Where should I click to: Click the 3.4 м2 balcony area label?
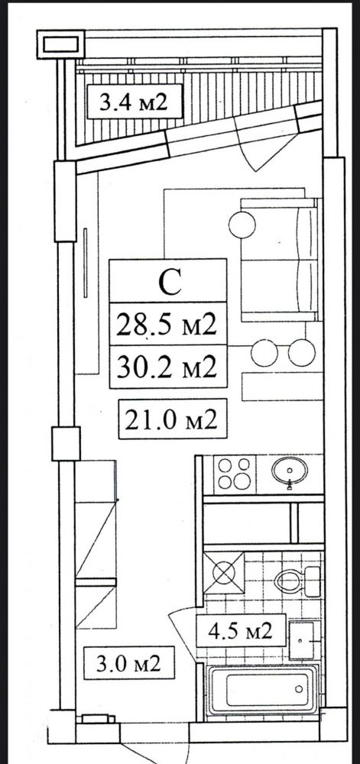[x=134, y=102]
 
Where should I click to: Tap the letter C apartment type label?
[x=170, y=282]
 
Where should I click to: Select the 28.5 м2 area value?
[x=166, y=324]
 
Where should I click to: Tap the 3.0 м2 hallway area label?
[x=128, y=663]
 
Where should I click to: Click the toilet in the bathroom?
[x=297, y=580]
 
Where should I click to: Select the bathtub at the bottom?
[x=263, y=689]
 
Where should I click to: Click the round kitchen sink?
[x=290, y=471]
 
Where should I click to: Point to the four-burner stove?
[x=234, y=474]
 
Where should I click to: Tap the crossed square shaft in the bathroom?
[x=224, y=572]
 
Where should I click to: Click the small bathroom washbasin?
[x=302, y=640]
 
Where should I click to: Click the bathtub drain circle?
[x=299, y=689]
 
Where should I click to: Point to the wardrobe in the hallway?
[x=96, y=544]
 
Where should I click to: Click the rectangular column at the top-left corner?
[x=61, y=44]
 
